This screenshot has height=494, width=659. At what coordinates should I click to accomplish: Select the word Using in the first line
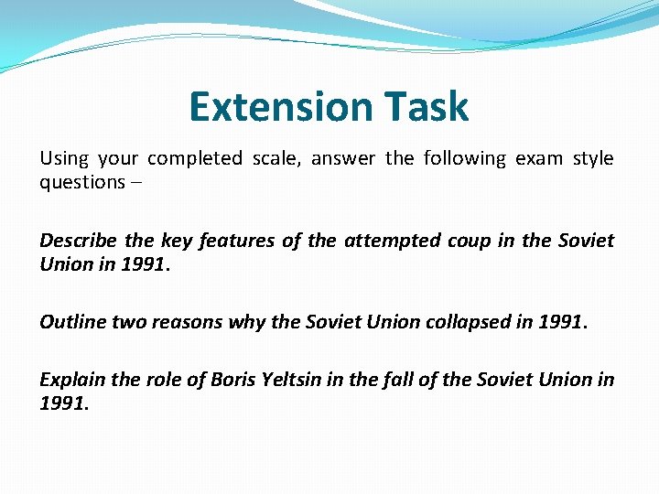pos(64,158)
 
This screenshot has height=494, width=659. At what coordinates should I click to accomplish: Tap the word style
pos(593,158)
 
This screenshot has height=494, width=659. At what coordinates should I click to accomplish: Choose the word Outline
pos(71,322)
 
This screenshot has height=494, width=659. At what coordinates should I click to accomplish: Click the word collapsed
pos(454,322)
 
